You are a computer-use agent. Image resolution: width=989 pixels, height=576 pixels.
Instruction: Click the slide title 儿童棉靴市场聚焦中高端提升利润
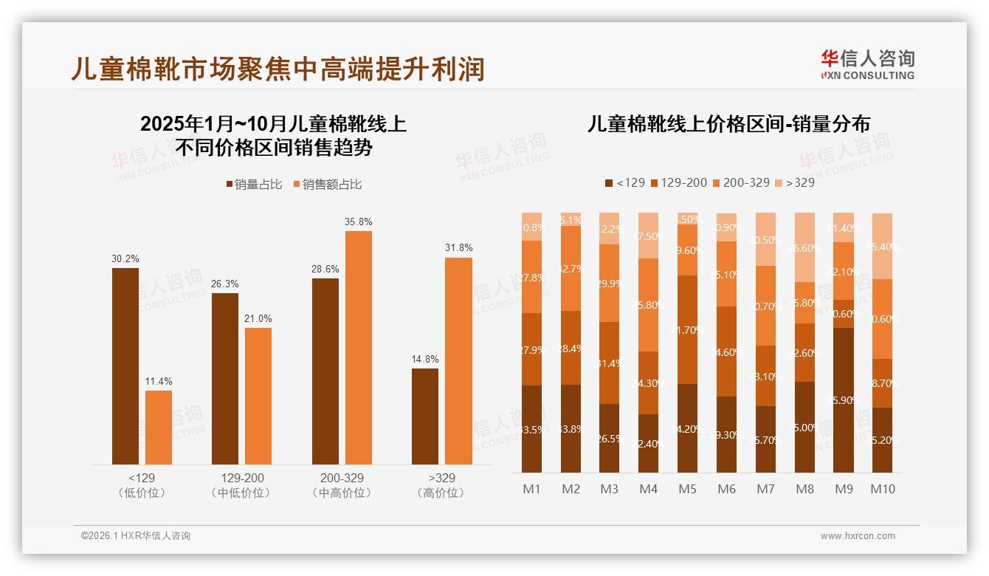[278, 69]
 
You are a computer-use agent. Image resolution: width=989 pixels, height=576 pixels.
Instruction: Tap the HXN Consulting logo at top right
[867, 65]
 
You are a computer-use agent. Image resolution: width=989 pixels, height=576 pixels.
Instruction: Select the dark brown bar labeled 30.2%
[125, 366]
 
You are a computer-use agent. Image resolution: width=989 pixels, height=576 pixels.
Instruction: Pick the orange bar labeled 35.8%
[359, 347]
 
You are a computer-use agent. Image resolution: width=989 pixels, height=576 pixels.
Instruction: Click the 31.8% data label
[458, 247]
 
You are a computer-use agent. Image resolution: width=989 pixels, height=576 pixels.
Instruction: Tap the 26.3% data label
[225, 284]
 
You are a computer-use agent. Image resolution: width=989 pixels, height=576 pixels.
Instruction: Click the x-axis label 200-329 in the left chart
[342, 478]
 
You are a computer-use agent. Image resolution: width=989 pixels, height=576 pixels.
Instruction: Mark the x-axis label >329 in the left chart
[441, 478]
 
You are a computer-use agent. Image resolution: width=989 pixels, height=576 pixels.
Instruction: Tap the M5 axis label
[688, 489]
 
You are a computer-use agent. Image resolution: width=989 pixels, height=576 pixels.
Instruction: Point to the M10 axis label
[883, 489]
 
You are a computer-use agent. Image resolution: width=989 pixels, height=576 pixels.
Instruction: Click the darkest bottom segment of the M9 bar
[844, 400]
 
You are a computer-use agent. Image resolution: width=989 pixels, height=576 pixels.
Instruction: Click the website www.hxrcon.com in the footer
[858, 536]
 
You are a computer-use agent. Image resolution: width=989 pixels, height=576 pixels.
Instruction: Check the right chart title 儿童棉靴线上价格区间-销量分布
[728, 124]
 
